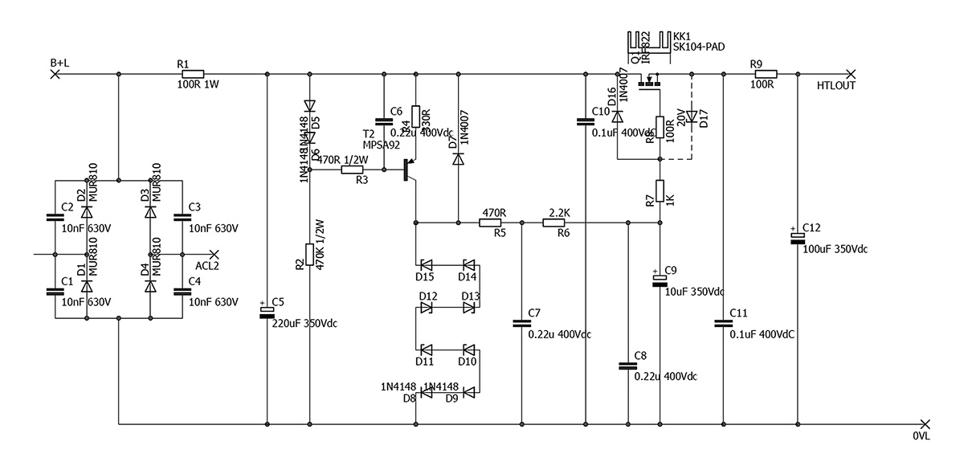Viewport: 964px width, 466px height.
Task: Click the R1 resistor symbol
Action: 193,74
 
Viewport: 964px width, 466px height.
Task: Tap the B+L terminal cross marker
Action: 55,74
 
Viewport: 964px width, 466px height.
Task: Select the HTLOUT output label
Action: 835,85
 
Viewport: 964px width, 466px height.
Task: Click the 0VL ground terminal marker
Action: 925,423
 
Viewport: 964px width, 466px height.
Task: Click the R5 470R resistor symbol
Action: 490,223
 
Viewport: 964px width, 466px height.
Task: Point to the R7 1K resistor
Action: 660,191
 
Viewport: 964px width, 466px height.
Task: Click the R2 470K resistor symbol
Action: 309,255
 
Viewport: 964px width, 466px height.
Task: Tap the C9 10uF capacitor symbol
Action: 660,279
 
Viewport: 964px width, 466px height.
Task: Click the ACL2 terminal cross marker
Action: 214,254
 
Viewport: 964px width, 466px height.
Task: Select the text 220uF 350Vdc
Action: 304,324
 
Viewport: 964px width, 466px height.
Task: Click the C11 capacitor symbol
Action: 723,324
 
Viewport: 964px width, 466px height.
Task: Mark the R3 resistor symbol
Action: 357,170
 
